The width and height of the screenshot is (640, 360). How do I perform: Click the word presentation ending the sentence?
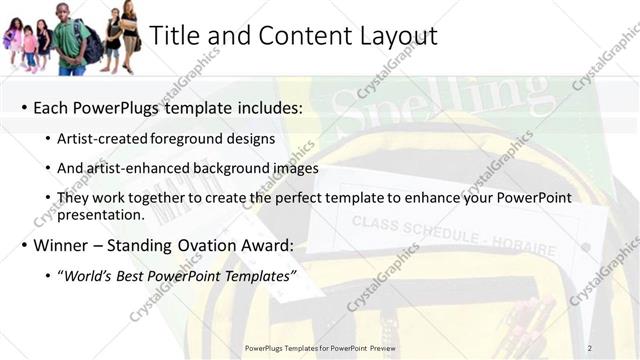click(103, 214)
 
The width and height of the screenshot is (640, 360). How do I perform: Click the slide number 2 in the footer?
click(589, 348)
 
